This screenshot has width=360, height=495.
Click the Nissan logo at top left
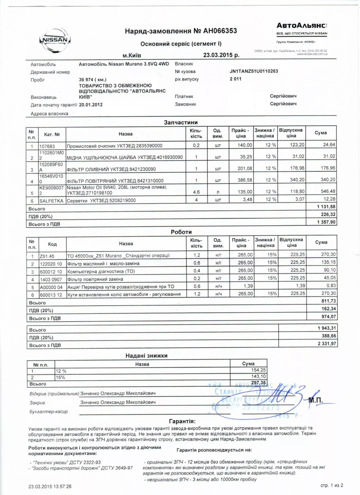(x=55, y=40)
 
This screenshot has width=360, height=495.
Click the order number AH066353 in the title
(x=220, y=31)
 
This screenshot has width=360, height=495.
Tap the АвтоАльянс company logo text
(x=301, y=26)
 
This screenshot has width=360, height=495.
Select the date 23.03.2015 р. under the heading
(x=221, y=55)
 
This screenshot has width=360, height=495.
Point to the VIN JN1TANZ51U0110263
(x=254, y=71)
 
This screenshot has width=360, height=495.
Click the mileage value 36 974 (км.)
(x=92, y=80)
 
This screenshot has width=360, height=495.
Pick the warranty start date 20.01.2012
(x=91, y=105)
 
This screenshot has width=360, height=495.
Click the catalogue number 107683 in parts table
(x=47, y=146)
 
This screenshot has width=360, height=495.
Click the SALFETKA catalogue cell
(x=51, y=201)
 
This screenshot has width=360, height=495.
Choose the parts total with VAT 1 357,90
(x=326, y=222)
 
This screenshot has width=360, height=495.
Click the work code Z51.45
(x=47, y=256)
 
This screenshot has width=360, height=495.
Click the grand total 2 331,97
(x=327, y=344)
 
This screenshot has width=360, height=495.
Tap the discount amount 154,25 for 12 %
(x=258, y=370)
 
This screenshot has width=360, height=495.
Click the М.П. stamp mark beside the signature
(x=316, y=400)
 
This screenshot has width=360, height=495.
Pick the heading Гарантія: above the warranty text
(x=182, y=421)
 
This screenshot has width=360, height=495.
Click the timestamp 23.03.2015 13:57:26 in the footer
(x=50, y=486)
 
